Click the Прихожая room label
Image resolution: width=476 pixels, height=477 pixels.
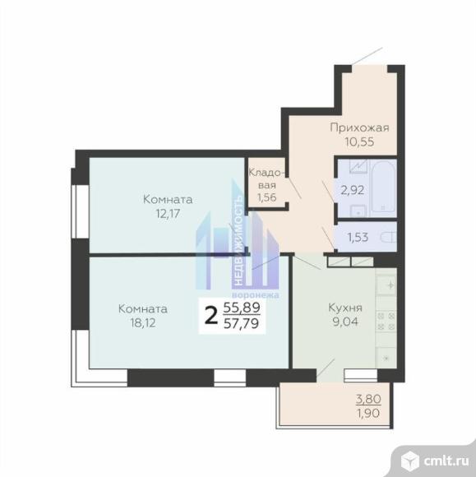point(359,127)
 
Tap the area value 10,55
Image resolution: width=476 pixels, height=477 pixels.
point(359,141)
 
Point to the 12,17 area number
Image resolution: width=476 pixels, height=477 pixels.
point(168,214)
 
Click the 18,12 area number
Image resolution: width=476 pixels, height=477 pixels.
point(143,322)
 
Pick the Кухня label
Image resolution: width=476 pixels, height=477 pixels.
point(345,308)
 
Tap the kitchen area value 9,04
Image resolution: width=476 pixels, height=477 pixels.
point(345,322)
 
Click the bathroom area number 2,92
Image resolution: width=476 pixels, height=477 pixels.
point(353,191)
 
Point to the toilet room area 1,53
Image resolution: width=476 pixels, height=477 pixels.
point(358,238)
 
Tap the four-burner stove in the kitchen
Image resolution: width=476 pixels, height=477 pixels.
point(386,322)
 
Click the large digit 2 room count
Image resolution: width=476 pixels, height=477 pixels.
point(211,316)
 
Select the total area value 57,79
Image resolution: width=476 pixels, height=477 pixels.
point(241,323)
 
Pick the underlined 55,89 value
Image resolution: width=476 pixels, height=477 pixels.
point(242,308)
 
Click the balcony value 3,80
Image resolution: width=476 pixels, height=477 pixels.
point(368,399)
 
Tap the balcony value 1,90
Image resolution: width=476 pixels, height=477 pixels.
point(368,413)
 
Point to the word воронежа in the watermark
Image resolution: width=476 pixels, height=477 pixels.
point(256,295)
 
